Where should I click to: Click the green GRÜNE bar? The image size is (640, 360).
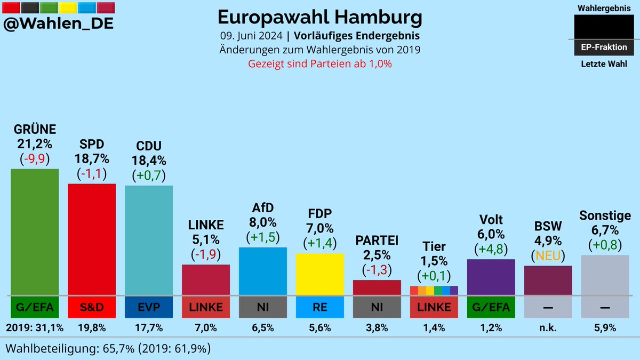coord(35,231)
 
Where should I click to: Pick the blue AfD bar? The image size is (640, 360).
coord(263,271)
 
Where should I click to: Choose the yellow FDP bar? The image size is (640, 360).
coord(319,274)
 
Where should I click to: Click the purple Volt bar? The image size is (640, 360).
coord(491,277)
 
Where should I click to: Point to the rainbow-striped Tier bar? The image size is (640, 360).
coord(434,291)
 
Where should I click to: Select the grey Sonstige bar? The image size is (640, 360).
coord(605,275)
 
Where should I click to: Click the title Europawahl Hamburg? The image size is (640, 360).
coord(319,17)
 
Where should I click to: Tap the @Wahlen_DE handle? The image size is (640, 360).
coord(58,25)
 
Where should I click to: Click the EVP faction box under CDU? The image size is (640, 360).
coord(148,307)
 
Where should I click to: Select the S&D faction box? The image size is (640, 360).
coord(91,307)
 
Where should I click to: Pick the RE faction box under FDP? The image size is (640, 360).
coord(319,307)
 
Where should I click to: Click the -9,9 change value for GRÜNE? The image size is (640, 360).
coord(35,158)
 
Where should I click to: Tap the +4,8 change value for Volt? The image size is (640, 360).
coord(491,249)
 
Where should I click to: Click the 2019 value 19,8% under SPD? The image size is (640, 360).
coord(91,328)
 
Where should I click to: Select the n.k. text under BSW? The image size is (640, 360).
coord(548,328)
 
